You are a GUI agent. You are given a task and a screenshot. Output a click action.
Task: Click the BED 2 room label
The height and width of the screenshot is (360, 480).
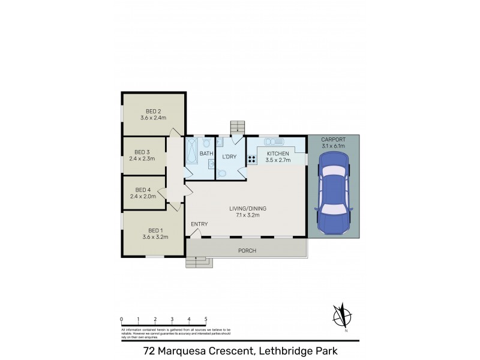click(153, 111)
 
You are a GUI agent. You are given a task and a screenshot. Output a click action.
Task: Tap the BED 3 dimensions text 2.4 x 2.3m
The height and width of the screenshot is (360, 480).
click(142, 159)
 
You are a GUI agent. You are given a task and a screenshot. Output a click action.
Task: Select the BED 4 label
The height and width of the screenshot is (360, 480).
click(142, 189)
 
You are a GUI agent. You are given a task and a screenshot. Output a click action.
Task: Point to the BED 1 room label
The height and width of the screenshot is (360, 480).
click(155, 230)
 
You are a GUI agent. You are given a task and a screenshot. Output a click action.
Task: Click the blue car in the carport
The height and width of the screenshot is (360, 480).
click(334, 191)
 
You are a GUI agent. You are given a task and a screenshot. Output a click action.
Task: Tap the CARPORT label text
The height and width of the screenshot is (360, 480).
click(334, 139)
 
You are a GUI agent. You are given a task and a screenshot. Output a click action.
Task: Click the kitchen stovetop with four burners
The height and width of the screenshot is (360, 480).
click(252, 160)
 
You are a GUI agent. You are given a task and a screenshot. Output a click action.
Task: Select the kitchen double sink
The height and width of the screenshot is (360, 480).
click(274, 142)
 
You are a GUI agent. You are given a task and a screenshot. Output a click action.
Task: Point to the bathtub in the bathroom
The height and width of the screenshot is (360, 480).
click(192, 152)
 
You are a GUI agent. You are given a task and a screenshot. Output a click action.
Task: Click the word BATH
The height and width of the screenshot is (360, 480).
click(206, 154)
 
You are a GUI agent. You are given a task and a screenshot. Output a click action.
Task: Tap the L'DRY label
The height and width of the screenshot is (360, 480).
click(230, 157)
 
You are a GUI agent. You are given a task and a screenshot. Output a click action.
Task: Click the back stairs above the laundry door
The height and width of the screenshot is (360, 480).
click(238, 127)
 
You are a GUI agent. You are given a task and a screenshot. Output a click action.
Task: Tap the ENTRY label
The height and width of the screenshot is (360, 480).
click(199, 224)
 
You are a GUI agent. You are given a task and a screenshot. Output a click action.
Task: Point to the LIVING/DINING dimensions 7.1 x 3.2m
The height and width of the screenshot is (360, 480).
click(248, 215)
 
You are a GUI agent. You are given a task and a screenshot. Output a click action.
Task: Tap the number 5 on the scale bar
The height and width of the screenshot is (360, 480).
click(206, 320)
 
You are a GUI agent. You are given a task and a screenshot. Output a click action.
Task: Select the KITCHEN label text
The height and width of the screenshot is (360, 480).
click(278, 154)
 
